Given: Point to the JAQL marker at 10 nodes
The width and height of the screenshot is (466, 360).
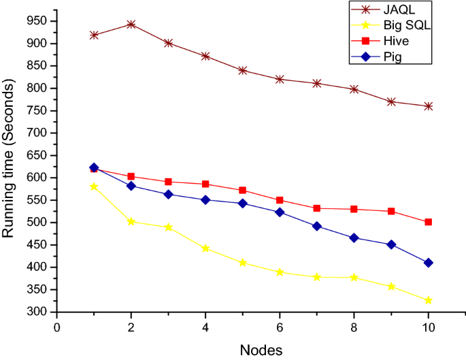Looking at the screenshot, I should [x=429, y=106].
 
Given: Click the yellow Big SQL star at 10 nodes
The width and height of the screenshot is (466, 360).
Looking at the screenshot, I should [x=429, y=300].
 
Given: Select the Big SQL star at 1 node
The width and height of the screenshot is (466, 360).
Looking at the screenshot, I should [x=94, y=186].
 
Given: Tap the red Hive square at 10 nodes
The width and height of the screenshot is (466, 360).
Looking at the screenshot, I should [x=429, y=222].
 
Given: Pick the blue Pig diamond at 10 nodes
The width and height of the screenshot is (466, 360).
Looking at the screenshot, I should [x=429, y=263].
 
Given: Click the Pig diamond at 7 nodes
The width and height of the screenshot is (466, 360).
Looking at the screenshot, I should [x=317, y=226].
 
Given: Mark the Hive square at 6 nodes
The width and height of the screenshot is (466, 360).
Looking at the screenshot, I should [x=280, y=200].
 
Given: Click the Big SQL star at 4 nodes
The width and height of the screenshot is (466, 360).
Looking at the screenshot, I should [x=205, y=248].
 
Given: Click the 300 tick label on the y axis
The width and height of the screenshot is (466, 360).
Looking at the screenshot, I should [x=37, y=312].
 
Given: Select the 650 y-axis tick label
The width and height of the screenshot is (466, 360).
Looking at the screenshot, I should [x=37, y=156].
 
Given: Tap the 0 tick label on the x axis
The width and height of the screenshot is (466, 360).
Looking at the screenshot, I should [x=57, y=327].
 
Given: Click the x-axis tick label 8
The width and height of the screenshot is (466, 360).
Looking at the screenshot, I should [x=354, y=327].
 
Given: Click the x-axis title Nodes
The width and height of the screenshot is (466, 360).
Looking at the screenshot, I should [x=261, y=350].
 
